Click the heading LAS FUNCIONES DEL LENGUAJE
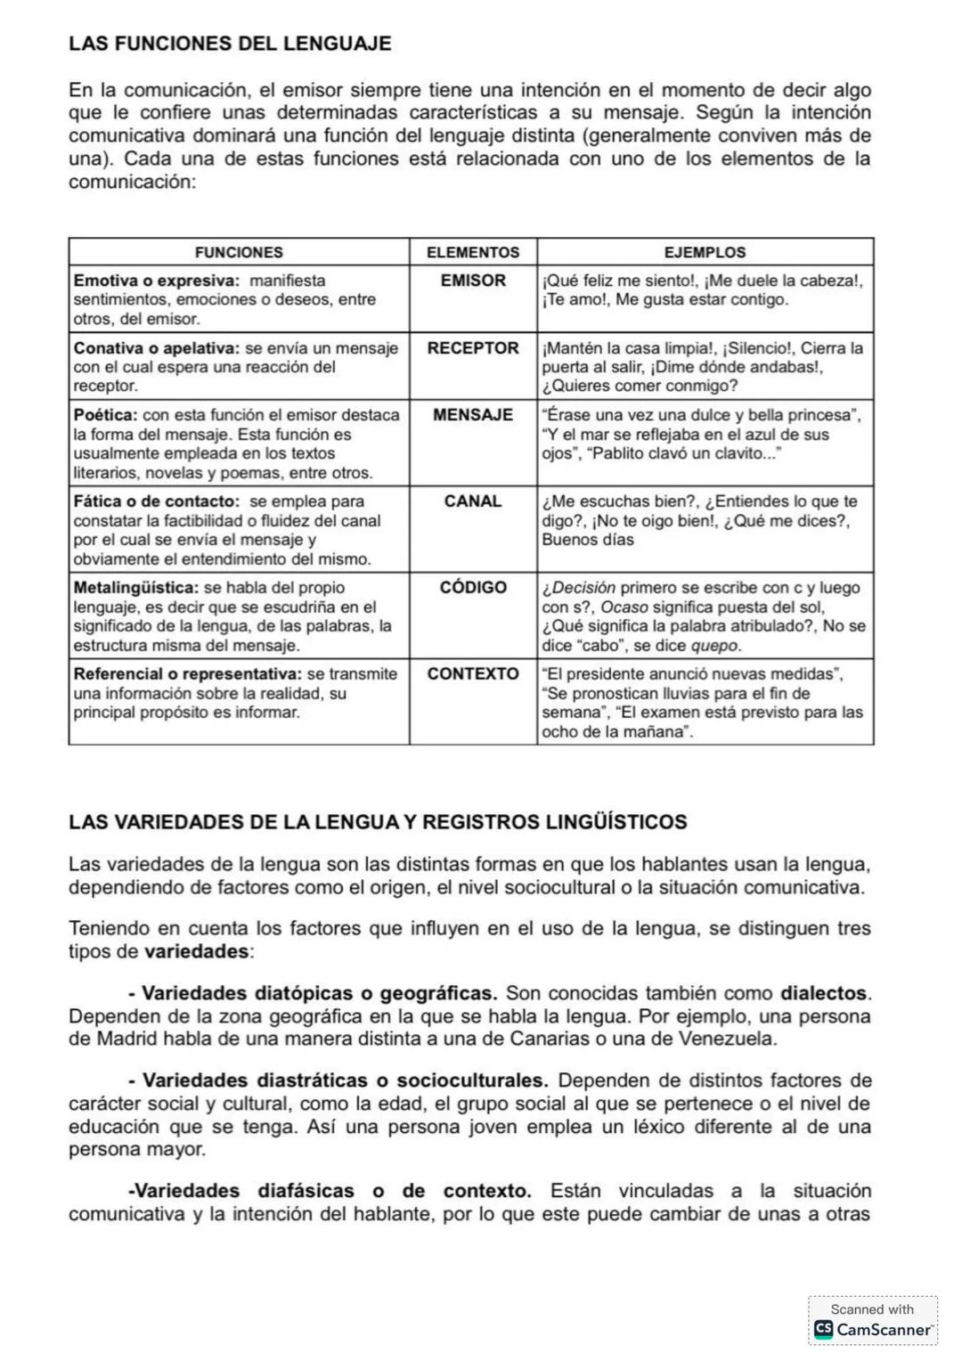click(230, 44)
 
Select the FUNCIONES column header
click(239, 252)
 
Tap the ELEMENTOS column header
click(473, 252)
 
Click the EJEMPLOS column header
click(705, 252)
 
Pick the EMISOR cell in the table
click(473, 281)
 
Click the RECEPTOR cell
click(473, 348)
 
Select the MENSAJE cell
click(473, 415)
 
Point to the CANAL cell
click(473, 501)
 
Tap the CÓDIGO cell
click(473, 588)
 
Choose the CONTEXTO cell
click(473, 674)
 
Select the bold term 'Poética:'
click(105, 415)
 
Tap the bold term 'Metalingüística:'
click(135, 588)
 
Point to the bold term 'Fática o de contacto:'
click(156, 501)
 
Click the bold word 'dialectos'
click(824, 993)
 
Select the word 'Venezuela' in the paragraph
click(727, 1039)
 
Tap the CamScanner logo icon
click(823, 1330)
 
